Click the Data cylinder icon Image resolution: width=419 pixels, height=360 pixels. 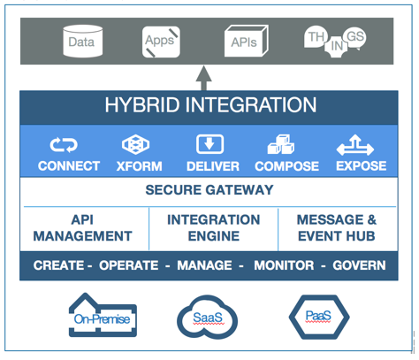[x=83, y=42]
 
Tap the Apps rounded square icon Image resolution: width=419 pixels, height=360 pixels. [x=161, y=42]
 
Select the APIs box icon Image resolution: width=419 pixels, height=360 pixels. [x=246, y=41]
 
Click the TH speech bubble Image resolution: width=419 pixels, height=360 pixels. [x=316, y=37]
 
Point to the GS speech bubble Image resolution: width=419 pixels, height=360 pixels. [x=355, y=37]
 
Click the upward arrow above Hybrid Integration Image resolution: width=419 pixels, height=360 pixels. [x=204, y=78]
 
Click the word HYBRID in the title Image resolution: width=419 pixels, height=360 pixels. [x=142, y=105]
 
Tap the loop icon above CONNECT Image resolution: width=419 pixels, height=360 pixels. [x=64, y=145]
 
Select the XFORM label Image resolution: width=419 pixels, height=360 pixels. [x=139, y=166]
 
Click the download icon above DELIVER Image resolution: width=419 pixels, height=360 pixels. [x=209, y=144]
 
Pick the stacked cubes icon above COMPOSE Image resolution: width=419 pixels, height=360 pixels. [x=281, y=144]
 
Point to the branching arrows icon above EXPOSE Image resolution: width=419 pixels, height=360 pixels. [x=355, y=145]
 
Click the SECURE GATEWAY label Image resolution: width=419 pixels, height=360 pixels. [x=209, y=190]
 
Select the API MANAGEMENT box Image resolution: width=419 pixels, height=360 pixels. [x=85, y=229]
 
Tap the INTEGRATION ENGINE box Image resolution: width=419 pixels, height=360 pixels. [x=214, y=229]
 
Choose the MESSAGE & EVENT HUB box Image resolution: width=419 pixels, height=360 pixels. [x=338, y=229]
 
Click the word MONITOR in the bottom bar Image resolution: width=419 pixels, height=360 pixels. [x=284, y=265]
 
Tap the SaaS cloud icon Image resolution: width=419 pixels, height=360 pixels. [x=207, y=318]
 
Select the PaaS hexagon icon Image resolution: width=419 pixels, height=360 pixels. [x=319, y=317]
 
